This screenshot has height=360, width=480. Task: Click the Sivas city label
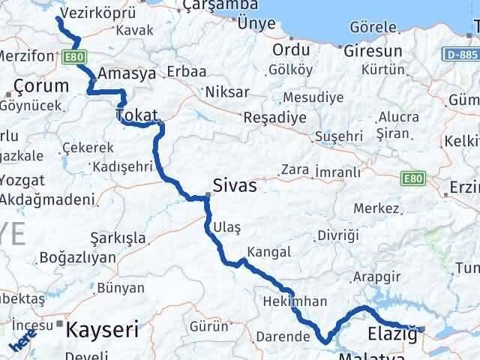coord(235,185)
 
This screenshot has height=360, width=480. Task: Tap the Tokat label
coord(136,115)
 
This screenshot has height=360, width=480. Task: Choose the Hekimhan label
coord(295,301)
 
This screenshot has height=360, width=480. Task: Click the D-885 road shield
coord(460,55)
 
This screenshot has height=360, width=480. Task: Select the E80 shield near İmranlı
coord(412,178)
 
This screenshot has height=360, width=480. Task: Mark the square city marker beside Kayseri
coord(60,324)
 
